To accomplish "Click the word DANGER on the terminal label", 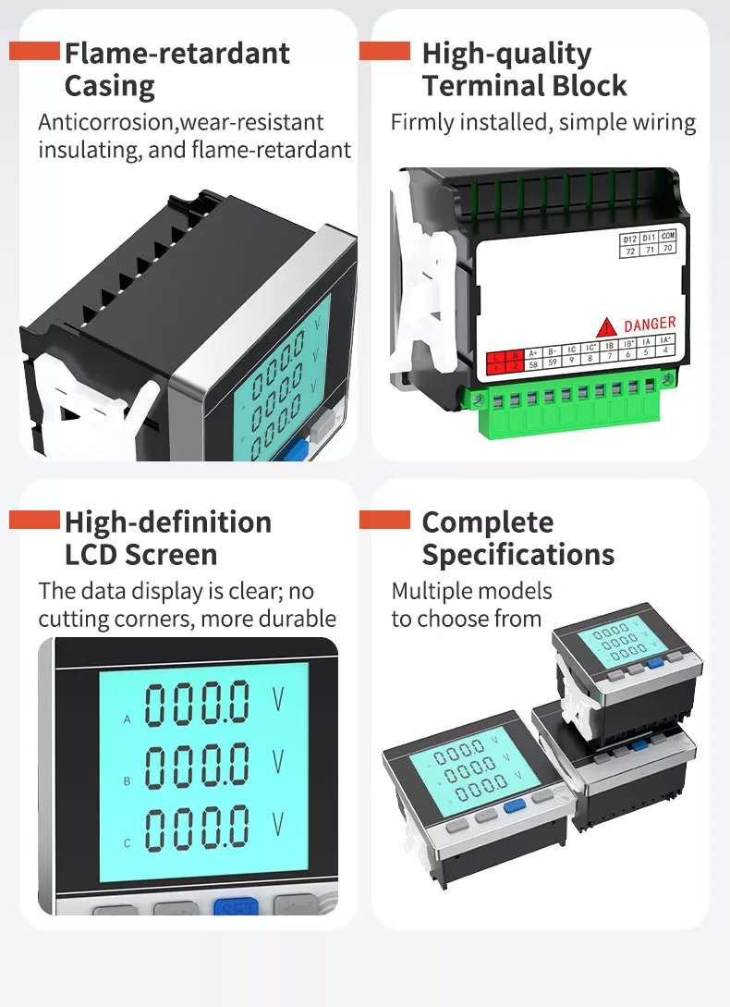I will pos(650,325).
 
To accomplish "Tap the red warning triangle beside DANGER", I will pos(607,326).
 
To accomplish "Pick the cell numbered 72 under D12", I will pos(629,251).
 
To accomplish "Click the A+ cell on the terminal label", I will pos(533,352).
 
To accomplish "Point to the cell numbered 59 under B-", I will pos(553,364).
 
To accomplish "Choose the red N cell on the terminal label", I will pos(515,352).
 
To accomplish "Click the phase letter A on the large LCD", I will pos(127,718).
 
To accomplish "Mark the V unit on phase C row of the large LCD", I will pos(278,823).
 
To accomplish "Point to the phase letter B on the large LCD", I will pos(127,781).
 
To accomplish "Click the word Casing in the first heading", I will pos(109,86).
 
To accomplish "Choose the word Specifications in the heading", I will pos(517,555).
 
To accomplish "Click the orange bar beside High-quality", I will pos(384,51).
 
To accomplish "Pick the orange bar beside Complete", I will pos(384,520).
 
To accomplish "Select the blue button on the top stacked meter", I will pos(656,662).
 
